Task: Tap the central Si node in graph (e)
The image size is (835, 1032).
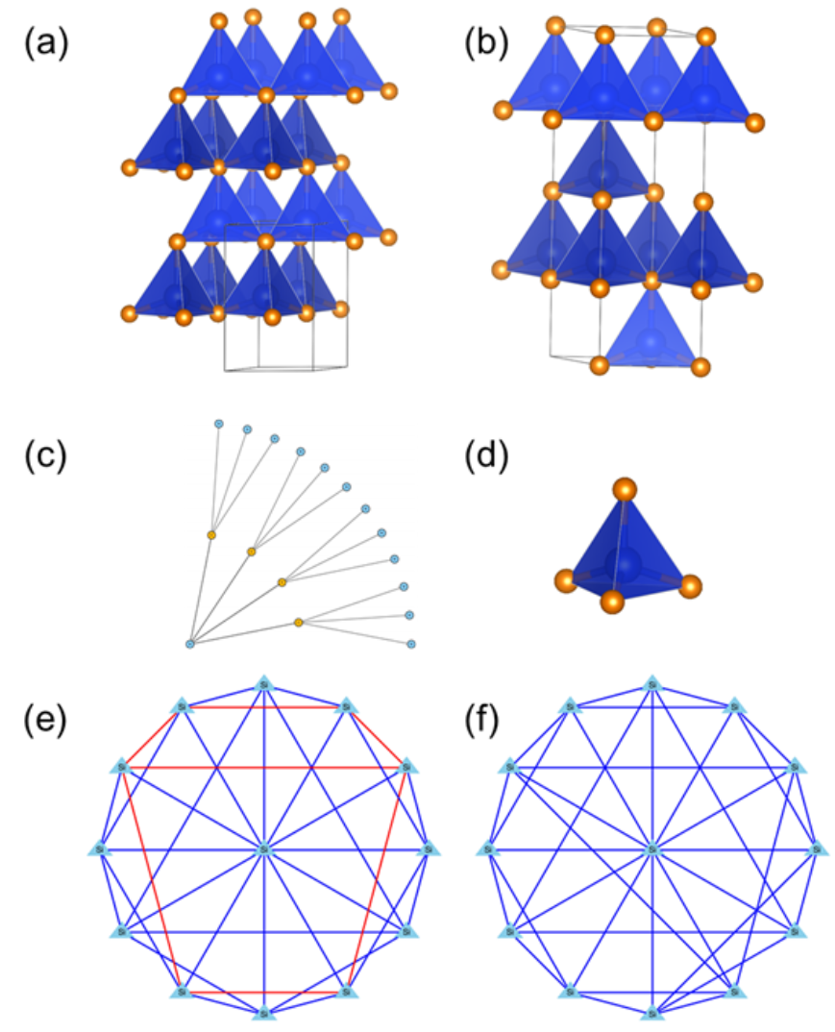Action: pos(263,849)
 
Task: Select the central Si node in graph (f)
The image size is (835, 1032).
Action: pos(652,849)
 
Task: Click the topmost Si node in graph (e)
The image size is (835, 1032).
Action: pos(263,684)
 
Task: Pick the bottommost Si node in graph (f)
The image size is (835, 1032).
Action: pos(652,1012)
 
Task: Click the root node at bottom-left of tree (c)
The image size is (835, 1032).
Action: pos(190,643)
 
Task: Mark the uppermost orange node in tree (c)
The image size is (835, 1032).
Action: pos(211,534)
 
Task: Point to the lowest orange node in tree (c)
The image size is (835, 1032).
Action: pos(299,624)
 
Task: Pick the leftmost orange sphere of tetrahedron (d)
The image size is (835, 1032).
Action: pos(565,579)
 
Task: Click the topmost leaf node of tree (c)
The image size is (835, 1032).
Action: pos(218,424)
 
